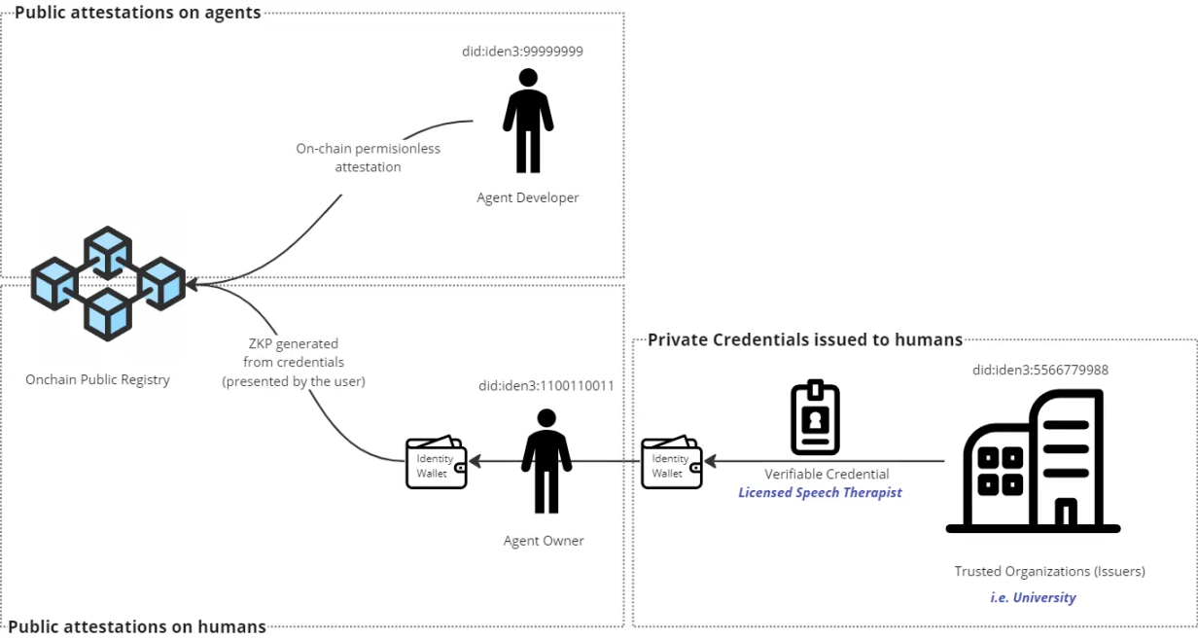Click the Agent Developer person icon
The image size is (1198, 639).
[528, 121]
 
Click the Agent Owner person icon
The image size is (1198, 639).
[546, 461]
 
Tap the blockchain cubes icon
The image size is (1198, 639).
[107, 283]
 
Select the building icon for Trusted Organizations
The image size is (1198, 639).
[1033, 461]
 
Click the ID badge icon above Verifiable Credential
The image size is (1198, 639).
[815, 417]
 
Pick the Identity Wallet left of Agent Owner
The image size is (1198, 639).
[437, 464]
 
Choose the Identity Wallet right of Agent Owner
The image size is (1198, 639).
[672, 464]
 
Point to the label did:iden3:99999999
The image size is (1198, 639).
[522, 52]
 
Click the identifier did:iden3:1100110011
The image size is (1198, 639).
[546, 386]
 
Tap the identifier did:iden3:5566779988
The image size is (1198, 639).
[1040, 371]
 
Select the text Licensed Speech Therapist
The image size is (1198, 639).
[820, 492]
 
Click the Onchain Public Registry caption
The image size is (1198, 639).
[97, 379]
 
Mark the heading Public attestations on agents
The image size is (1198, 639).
[137, 14]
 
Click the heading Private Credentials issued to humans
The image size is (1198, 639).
[805, 339]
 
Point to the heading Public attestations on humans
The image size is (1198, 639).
[136, 626]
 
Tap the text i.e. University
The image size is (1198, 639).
[1033, 597]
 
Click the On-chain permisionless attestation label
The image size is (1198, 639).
[368, 158]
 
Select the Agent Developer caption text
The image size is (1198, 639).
[527, 197]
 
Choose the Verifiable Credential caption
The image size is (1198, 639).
[826, 474]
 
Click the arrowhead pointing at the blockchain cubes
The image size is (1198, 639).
[192, 284]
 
